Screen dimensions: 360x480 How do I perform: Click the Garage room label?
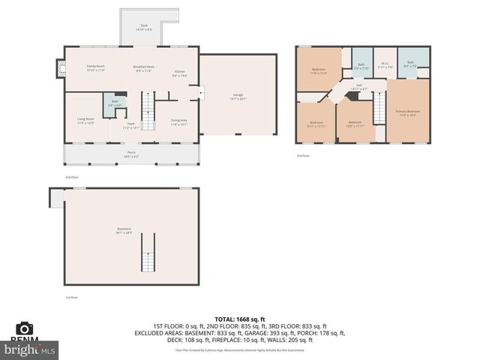(x=237, y=96)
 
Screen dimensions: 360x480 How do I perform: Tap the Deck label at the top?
(x=144, y=26)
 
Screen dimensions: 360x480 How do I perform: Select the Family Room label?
(x=94, y=68)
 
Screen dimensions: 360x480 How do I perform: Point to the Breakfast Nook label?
(x=144, y=68)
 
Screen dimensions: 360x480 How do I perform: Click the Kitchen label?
(x=180, y=73)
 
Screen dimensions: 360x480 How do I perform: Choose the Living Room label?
(x=85, y=120)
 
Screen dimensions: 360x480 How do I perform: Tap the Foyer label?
(x=130, y=125)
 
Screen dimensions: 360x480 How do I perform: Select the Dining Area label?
(x=178, y=121)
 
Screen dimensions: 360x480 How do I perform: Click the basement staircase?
(x=148, y=253)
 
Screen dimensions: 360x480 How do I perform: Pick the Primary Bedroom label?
(x=408, y=112)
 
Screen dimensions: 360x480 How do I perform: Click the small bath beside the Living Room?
(x=115, y=103)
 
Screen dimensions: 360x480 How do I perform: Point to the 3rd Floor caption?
(x=302, y=156)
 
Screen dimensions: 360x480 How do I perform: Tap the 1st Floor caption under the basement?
(x=70, y=298)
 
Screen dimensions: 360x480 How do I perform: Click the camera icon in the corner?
(x=25, y=329)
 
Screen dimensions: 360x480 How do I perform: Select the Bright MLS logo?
(x=30, y=349)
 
